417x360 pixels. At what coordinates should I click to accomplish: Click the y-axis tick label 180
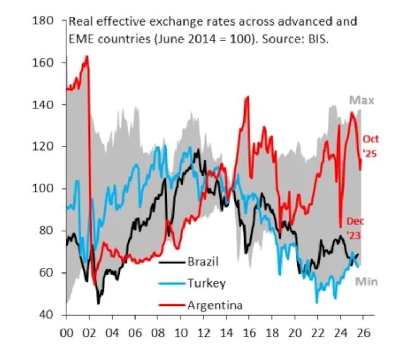(x=43, y=21)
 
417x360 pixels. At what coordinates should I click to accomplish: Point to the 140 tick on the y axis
(x=43, y=105)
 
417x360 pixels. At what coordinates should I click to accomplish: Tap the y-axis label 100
(x=43, y=189)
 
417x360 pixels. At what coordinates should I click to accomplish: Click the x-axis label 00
(x=67, y=332)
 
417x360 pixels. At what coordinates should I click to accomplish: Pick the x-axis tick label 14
(x=226, y=332)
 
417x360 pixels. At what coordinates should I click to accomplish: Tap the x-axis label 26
(x=363, y=332)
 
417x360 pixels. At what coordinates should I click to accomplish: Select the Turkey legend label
(x=206, y=283)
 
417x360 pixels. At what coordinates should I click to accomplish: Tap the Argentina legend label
(x=215, y=305)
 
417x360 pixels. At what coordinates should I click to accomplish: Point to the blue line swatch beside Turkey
(x=171, y=284)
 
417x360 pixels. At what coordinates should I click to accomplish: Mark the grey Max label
(x=361, y=101)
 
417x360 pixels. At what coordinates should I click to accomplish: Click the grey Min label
(x=366, y=282)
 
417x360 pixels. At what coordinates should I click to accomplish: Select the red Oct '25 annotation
(x=371, y=146)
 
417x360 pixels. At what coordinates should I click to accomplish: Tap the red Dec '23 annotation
(x=355, y=228)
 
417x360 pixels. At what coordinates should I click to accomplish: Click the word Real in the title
(x=80, y=22)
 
